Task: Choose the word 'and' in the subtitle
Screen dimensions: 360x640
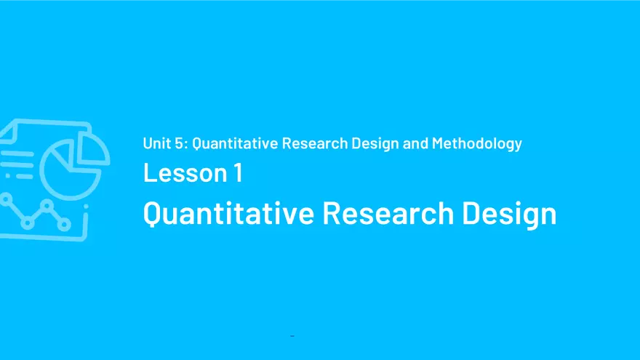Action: [415, 143]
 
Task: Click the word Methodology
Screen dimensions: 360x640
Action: [477, 143]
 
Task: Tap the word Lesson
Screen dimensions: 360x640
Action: [183, 173]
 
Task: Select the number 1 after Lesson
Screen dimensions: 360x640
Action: [238, 173]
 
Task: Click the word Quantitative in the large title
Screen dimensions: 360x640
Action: [228, 213]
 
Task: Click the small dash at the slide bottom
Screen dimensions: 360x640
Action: [292, 336]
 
